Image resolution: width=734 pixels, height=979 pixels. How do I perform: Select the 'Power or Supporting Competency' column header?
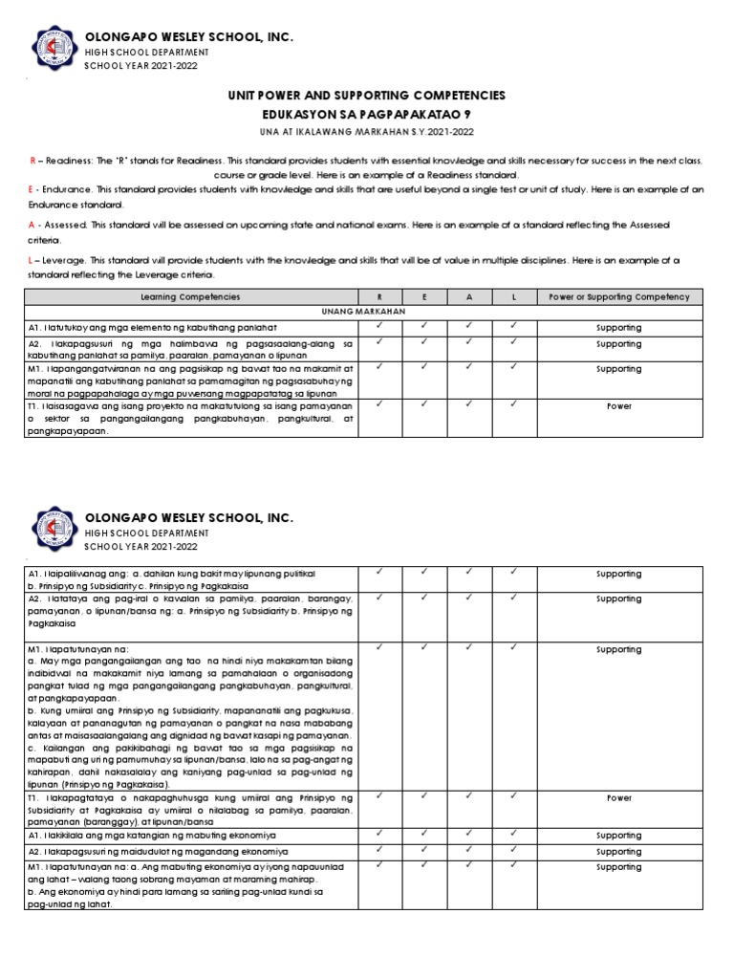(x=618, y=297)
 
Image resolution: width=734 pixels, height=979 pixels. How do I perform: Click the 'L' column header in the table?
(x=514, y=297)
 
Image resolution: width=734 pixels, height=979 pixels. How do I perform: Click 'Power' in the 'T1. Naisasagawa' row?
(x=618, y=404)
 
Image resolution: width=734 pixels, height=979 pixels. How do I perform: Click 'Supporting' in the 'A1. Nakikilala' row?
(x=618, y=835)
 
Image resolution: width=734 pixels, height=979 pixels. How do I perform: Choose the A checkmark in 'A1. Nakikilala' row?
(x=469, y=833)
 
